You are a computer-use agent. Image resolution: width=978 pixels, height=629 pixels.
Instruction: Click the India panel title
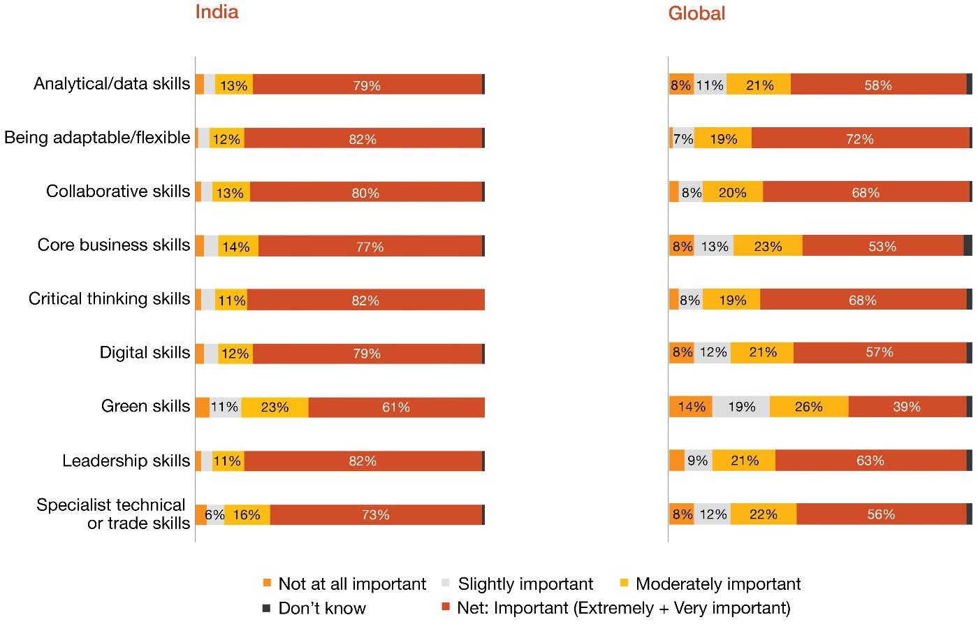(x=217, y=12)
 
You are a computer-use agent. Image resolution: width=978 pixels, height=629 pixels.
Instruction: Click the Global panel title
(x=696, y=13)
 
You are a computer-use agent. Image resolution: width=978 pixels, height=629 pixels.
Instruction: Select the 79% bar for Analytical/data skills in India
(x=367, y=85)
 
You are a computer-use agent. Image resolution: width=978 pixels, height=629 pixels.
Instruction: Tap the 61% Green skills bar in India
(x=396, y=407)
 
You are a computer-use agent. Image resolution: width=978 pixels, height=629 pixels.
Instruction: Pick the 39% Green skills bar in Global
(x=907, y=406)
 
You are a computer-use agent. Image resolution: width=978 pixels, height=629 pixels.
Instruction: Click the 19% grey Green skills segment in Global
(x=741, y=406)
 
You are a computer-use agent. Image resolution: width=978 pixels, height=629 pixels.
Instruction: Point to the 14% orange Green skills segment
(x=691, y=406)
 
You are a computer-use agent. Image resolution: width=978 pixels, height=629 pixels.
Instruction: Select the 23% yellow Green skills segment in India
(x=275, y=407)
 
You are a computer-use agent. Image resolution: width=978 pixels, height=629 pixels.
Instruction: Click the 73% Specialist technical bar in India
(x=376, y=514)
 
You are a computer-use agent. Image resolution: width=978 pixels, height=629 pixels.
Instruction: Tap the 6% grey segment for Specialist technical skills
(x=215, y=514)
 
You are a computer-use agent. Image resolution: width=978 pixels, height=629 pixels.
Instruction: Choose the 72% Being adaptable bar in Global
(x=860, y=138)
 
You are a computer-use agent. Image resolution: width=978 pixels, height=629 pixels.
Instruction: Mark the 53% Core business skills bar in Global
(x=882, y=246)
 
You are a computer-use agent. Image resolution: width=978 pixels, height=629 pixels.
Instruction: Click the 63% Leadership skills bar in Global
(x=870, y=460)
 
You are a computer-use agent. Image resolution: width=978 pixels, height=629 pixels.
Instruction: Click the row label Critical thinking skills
(x=109, y=299)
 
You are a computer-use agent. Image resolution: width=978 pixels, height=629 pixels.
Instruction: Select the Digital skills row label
(x=145, y=352)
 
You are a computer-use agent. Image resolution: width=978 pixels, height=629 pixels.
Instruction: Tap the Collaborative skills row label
(x=118, y=191)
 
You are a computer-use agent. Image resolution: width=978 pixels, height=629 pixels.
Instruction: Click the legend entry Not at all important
(x=351, y=584)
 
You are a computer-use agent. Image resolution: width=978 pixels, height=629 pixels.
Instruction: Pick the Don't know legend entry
(x=321, y=608)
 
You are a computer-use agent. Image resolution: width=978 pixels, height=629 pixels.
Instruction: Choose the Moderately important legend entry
(x=717, y=584)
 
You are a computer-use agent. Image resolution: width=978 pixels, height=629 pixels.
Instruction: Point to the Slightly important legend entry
(x=525, y=584)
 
